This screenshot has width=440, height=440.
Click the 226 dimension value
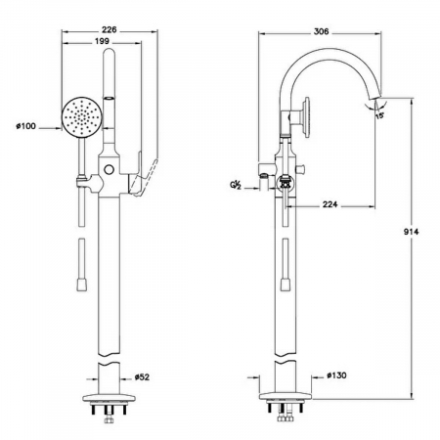pyautogui.click(x=109, y=29)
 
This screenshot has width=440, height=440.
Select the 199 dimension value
pyautogui.click(x=102, y=41)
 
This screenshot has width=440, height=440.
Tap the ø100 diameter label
pyautogui.click(x=25, y=126)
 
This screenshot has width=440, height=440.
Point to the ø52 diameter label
pyautogui.click(x=142, y=377)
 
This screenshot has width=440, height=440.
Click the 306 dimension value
pyautogui.click(x=321, y=31)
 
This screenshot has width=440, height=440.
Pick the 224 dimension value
pyautogui.click(x=330, y=204)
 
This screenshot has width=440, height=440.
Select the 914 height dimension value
pyautogui.click(x=411, y=232)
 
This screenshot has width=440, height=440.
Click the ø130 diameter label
pyautogui.click(x=336, y=375)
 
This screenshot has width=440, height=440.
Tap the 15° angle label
pyautogui.click(x=379, y=115)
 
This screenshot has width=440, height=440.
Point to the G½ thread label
pyautogui.click(x=236, y=186)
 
